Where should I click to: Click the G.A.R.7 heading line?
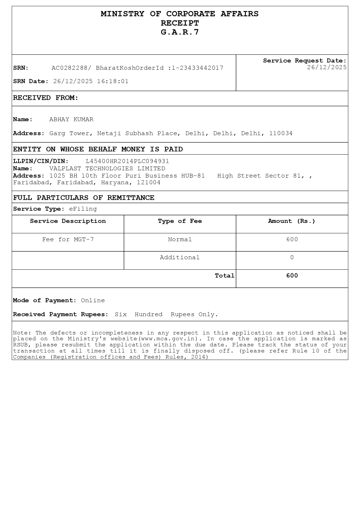coord(180,32)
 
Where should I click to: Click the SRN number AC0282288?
coord(69,68)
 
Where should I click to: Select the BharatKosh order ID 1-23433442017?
coord(197,68)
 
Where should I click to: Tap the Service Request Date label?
coord(305,61)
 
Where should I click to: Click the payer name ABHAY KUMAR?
coord(71,119)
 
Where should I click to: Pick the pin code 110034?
coord(281,133)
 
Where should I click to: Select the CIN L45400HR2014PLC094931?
coord(127,161)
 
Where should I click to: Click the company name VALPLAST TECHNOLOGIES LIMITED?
coord(107,169)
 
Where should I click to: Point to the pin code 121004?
coord(149,182)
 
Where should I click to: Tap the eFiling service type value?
coord(83,209)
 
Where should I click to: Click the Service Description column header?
coord(68,221)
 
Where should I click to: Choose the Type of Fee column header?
coord(180,221)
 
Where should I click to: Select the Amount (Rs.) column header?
coord(291,221)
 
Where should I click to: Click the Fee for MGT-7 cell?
coord(68,239)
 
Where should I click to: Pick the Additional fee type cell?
coord(180,257)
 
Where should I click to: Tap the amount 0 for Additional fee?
coord(292,257)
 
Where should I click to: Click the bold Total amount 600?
coord(292,276)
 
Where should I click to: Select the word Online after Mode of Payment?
coord(93,300)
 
